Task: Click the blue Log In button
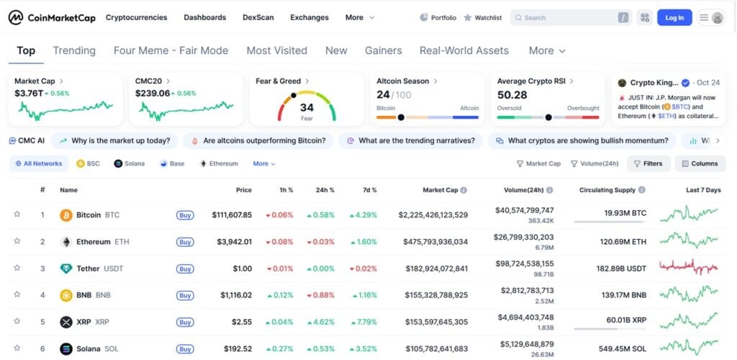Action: click(674, 17)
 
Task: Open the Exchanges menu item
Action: click(309, 17)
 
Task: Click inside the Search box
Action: click(569, 17)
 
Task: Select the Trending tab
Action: click(74, 50)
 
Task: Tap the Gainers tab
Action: click(384, 50)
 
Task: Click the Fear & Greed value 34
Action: click(307, 107)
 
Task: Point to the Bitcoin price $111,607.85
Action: click(232, 215)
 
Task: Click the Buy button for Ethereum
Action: click(185, 242)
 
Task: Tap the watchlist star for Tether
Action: click(17, 269)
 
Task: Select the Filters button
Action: click(648, 163)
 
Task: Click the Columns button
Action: click(700, 163)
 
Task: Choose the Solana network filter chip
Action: click(130, 163)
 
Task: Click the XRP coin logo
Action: click(66, 322)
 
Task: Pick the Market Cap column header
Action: click(440, 190)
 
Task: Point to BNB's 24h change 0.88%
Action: click(321, 295)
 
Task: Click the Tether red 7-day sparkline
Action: click(689, 267)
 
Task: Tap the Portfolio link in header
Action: click(438, 17)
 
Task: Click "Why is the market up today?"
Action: click(115, 140)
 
